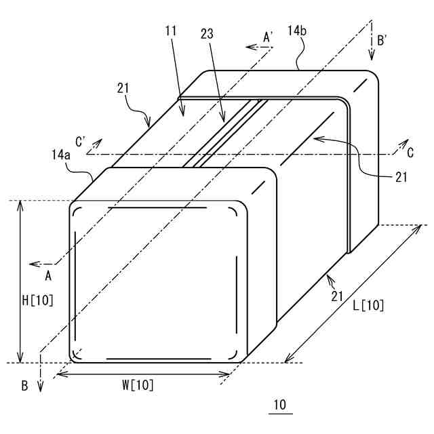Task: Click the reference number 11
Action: coord(170,31)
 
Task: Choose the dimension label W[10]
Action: coord(138,385)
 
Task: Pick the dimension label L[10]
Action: coord(369,306)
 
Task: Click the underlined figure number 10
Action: coord(279,405)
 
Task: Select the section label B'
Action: coord(382,41)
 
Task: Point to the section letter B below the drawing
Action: coord(24,386)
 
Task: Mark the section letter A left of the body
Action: coord(48,276)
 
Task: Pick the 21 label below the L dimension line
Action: coord(336,296)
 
